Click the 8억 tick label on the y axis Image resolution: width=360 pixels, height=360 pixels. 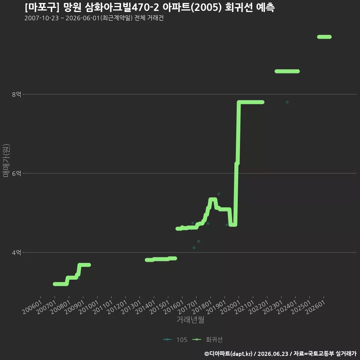coord(16,94)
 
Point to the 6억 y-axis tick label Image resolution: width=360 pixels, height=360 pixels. coord(16,173)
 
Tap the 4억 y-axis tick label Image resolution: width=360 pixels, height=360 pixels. coord(16,252)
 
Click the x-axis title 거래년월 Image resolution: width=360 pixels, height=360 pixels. coord(190,319)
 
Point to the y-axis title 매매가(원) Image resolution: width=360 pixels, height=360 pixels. coord(6,160)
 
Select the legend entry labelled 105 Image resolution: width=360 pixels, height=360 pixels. coord(175,340)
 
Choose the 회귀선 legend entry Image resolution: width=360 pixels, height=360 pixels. coord(207,340)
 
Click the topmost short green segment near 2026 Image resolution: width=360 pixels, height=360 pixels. coord(324,37)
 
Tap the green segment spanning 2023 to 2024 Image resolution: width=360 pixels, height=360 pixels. coord(287,71)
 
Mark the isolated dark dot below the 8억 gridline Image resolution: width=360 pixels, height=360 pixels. coord(287,102)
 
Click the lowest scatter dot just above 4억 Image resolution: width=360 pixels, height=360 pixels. coord(194,248)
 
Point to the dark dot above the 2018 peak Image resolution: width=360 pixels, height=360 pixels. coord(219,194)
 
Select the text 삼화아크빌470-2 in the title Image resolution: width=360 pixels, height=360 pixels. coord(121,7)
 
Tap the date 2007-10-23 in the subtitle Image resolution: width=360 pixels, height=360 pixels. coord(42,18)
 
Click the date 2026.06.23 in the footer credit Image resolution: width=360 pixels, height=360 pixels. coord(273,354)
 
